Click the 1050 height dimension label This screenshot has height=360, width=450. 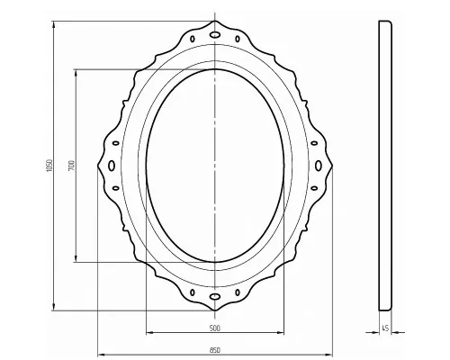(x=49, y=166)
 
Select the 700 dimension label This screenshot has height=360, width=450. (x=71, y=166)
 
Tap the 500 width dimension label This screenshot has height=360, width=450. (x=215, y=328)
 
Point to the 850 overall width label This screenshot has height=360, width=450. (x=215, y=350)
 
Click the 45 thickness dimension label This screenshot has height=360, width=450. (x=385, y=328)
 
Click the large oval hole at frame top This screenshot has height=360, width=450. (x=215, y=34)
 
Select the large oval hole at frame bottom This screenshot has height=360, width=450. (x=215, y=297)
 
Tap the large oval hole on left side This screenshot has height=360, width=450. (x=112, y=166)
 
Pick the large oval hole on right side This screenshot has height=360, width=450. (x=319, y=166)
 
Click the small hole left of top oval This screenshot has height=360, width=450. (x=193, y=39)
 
